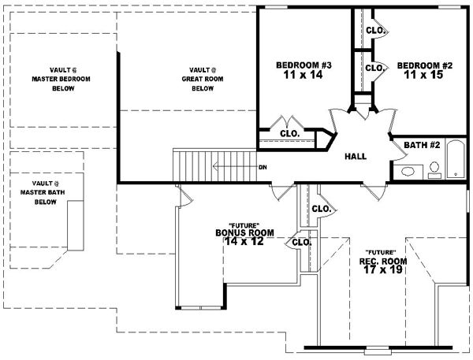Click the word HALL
(x=356, y=157)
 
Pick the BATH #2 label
(x=421, y=145)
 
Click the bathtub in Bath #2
(x=456, y=160)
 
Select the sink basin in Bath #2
(x=408, y=171)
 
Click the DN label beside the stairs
(x=263, y=167)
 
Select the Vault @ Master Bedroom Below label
(x=53, y=79)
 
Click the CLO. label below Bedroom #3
(x=289, y=134)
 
